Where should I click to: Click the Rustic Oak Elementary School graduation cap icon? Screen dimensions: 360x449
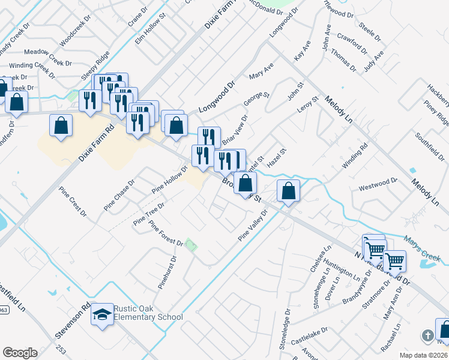102,314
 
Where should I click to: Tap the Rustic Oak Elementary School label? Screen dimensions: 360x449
148,313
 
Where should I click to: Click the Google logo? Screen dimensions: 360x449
20,353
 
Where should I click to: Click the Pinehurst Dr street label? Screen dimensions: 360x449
167,273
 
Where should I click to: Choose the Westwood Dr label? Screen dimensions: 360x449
378,184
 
